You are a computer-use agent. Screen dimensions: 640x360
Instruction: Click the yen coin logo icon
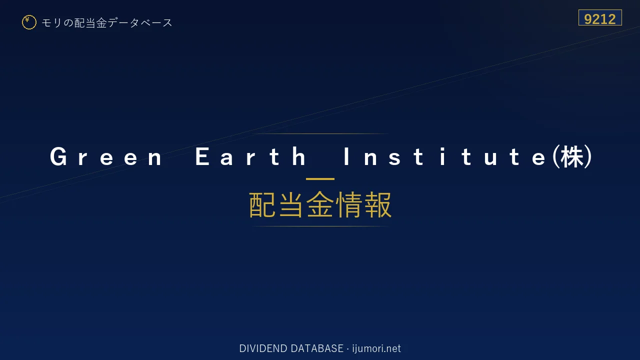pos(29,22)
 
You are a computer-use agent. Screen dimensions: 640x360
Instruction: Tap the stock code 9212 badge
pos(600,17)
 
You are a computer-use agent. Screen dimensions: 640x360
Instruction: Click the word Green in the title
pos(106,156)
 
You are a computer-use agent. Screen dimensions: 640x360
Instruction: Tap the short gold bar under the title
pos(320,179)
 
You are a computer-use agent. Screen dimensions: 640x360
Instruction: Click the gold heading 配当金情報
pos(320,204)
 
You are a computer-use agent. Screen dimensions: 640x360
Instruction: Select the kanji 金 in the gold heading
pos(320,204)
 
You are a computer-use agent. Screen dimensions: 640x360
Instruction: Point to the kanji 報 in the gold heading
pos(377,204)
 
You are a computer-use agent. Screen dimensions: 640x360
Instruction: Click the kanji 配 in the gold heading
pos(262,204)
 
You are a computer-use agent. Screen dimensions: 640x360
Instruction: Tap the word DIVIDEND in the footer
pos(263,348)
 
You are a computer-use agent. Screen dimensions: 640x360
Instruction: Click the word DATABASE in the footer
pos(317,348)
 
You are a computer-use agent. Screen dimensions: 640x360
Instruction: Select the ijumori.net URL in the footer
pos(376,348)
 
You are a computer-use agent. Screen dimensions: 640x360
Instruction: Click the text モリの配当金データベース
pos(107,23)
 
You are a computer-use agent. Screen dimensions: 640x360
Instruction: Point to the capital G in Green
pos(58,156)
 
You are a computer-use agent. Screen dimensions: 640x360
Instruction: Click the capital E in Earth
pos(202,156)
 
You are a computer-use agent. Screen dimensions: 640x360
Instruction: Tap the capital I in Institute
pos(346,156)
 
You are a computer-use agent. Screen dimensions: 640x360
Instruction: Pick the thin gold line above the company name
pos(320,133)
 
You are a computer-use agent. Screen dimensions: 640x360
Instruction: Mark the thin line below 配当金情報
pos(320,226)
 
